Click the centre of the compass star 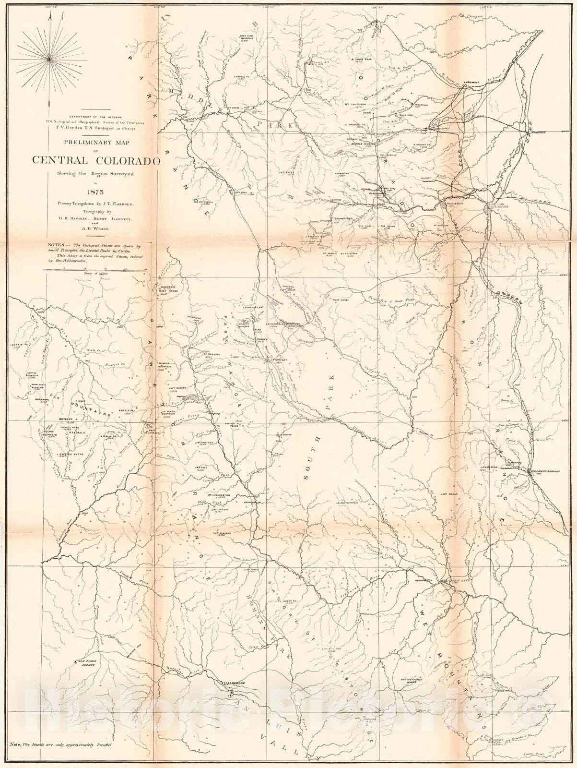(49, 58)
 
